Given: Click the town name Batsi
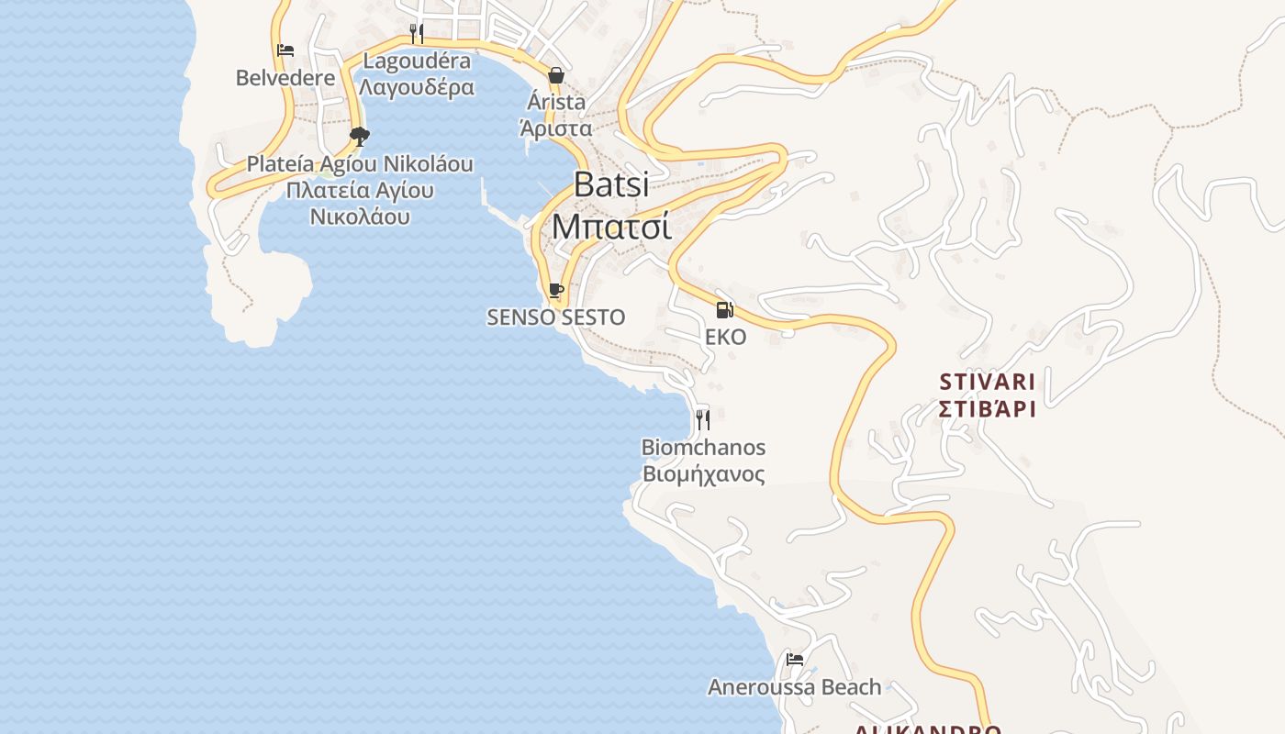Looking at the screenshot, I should (x=611, y=184).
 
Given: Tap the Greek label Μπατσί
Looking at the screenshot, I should (x=611, y=226).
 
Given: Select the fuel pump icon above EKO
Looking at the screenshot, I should (x=725, y=310).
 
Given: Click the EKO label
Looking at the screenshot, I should (x=725, y=337).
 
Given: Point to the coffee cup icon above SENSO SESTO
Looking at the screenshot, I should (x=555, y=291).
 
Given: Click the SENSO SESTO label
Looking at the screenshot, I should (x=555, y=317).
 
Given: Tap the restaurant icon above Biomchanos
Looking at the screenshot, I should (x=703, y=420).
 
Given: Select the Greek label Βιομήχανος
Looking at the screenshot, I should (x=703, y=474).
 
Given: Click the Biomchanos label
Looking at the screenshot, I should (x=703, y=448).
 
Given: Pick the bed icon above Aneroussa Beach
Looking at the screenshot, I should (x=795, y=660).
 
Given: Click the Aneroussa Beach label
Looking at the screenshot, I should (x=794, y=686).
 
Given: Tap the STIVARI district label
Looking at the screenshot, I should (x=988, y=382).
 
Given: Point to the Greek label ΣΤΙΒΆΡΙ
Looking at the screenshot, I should (x=988, y=407).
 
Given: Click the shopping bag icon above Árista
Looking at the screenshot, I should (x=556, y=75).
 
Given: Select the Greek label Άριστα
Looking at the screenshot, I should (x=556, y=128).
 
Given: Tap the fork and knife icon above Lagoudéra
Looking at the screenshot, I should (x=417, y=34).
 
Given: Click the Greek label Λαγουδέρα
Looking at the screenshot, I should (x=417, y=87).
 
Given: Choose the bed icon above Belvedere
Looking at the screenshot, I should (x=285, y=50).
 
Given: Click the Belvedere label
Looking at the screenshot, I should (x=285, y=78).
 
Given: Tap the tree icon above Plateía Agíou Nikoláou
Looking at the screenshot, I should (x=360, y=138).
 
